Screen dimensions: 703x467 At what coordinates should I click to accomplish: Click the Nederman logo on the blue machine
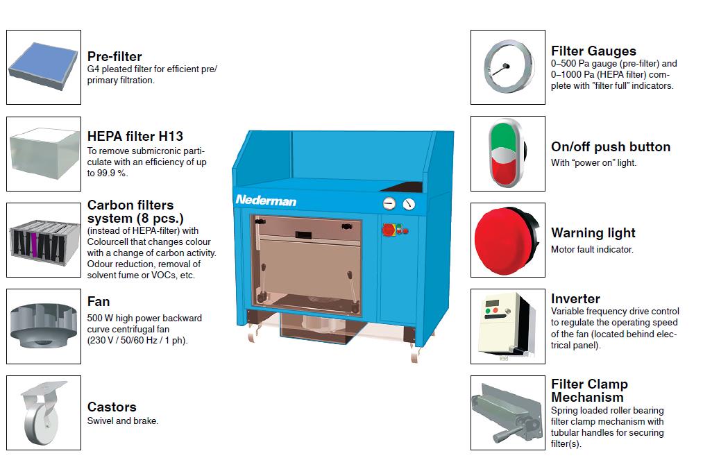266,201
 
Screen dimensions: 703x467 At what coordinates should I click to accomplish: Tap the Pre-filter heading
115,56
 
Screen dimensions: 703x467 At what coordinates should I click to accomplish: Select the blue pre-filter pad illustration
43,67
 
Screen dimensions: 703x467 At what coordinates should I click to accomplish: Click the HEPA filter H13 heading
135,136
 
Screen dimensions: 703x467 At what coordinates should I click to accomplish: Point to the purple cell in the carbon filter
34,244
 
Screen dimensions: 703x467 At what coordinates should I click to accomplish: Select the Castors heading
112,407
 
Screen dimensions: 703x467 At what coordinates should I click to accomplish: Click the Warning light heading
593,233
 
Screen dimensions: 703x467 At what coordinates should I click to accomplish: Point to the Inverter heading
575,299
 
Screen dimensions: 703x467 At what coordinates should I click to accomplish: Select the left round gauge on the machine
389,204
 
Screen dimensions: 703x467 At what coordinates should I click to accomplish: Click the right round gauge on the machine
409,205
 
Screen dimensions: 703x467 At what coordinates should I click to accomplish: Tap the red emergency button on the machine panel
388,230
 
